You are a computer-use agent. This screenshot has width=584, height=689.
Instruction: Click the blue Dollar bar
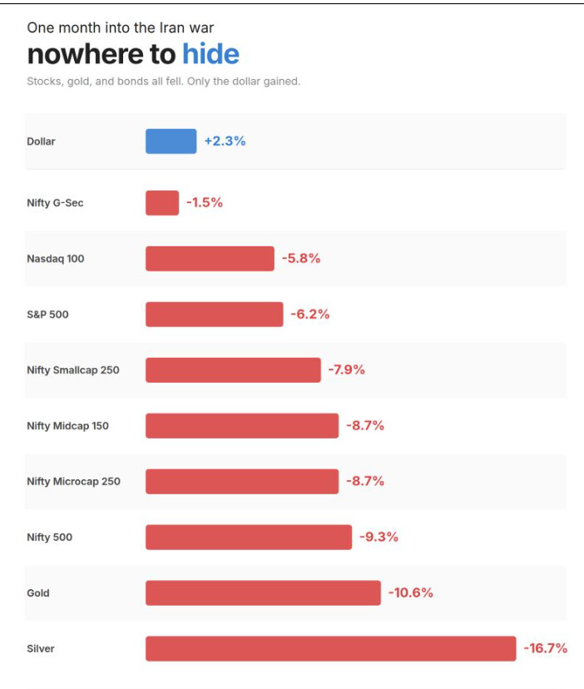point(171,141)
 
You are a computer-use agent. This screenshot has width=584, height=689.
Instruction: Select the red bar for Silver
point(330,648)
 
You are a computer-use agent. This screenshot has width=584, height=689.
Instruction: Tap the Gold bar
point(263,592)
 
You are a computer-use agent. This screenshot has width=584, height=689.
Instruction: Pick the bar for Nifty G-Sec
point(162,203)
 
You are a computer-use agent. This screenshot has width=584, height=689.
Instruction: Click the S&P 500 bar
point(214,315)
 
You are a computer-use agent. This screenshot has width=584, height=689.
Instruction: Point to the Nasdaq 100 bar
point(210,259)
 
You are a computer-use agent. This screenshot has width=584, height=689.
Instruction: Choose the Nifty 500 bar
point(249,537)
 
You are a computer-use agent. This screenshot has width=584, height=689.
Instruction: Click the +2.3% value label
point(225,141)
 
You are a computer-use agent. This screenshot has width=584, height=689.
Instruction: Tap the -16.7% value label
point(546,647)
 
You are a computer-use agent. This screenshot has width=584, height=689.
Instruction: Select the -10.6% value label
point(410,592)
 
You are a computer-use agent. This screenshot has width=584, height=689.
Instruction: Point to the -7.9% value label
point(346,369)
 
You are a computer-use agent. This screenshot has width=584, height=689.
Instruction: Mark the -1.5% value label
point(205,203)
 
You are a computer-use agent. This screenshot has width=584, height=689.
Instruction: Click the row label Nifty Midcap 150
point(67,426)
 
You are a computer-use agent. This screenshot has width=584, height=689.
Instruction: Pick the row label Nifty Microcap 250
point(73,482)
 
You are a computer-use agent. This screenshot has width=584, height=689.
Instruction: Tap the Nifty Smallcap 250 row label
point(72,370)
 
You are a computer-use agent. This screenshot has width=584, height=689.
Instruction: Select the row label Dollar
point(41,141)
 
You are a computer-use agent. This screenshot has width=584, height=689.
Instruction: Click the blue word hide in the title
point(210,54)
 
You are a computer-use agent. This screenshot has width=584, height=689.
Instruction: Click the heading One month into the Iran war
point(120,27)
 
